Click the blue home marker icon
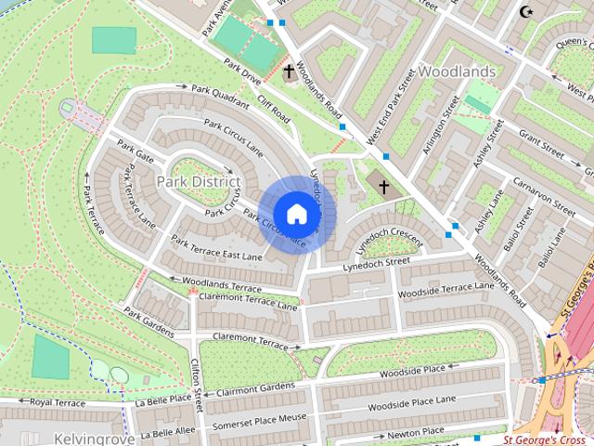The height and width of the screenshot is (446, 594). pyautogui.click(x=296, y=214)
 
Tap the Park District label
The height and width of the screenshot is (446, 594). pyautogui.click(x=198, y=180)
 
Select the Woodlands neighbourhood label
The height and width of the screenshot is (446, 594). pyautogui.click(x=456, y=71)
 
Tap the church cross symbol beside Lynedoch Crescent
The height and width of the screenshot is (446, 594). pyautogui.click(x=383, y=188)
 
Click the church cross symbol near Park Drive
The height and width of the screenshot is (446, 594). pyautogui.click(x=289, y=71)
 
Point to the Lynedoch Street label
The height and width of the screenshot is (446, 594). pyautogui.click(x=375, y=264)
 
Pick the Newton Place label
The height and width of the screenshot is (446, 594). pyautogui.click(x=415, y=432)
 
